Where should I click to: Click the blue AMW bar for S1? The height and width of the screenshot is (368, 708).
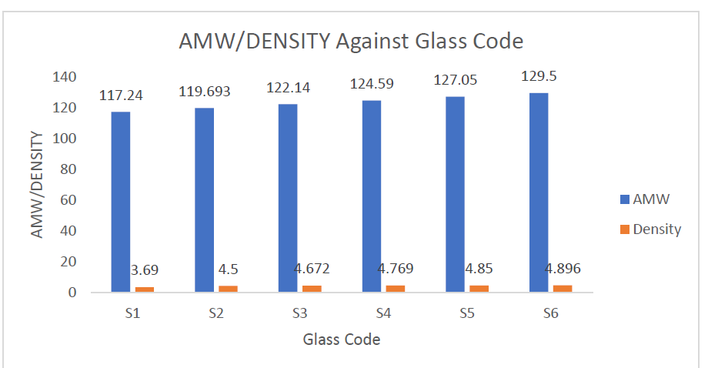pos(121,202)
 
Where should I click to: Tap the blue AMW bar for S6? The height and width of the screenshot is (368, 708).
pos(539,192)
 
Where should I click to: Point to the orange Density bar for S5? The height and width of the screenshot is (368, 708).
pos(479,289)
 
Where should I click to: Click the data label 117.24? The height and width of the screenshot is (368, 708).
pos(121,95)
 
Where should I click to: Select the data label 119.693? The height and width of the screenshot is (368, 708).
pos(205,91)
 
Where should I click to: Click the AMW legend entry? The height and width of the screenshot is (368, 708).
pos(646,199)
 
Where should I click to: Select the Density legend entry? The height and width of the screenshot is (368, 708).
pos(651,229)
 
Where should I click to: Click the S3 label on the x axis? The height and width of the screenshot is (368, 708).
pos(299,314)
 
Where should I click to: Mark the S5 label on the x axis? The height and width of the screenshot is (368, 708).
pos(467,314)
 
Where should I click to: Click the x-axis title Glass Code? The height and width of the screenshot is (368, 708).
pos(342,339)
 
